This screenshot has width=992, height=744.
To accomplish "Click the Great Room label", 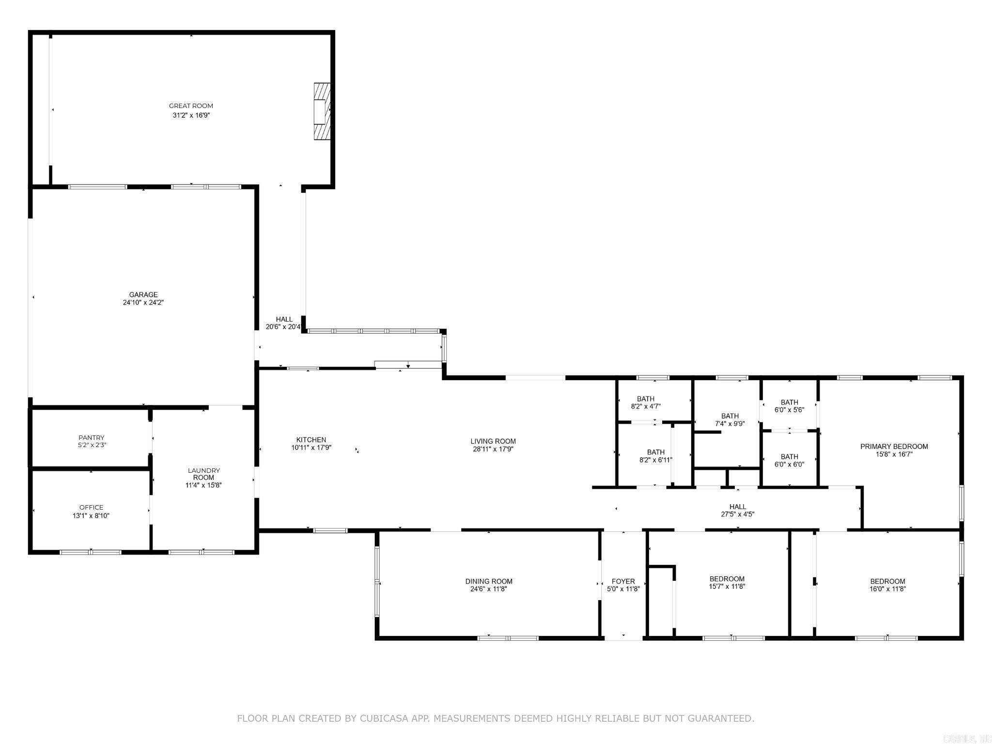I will (191, 106).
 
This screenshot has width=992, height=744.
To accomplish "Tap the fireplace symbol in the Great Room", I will (322, 111).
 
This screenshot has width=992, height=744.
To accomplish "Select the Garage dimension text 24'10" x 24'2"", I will (143, 303).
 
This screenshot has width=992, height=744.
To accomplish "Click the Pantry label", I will (92, 437).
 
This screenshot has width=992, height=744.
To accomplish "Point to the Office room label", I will (91, 508).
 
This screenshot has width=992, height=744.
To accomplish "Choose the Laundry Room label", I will (204, 474).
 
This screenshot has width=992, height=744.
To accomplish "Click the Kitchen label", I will (311, 440).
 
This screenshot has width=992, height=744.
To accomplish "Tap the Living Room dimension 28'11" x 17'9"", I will (493, 449).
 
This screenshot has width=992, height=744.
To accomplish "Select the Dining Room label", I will (489, 581).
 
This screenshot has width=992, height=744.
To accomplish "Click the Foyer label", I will (623, 581).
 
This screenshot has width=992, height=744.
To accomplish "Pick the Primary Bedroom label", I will (894, 447).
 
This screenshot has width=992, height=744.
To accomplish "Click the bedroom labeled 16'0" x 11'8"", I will (887, 585).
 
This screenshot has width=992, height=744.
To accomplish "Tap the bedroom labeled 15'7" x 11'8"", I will (727, 583).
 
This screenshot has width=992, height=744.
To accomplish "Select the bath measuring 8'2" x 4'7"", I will (646, 403).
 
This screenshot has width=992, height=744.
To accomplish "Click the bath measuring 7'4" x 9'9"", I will (730, 419).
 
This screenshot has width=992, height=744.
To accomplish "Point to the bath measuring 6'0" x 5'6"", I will (790, 406).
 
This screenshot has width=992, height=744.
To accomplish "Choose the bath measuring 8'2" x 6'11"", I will (656, 456).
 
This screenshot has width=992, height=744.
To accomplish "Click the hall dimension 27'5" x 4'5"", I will (738, 514).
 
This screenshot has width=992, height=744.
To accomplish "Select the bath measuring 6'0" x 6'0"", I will (790, 460).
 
